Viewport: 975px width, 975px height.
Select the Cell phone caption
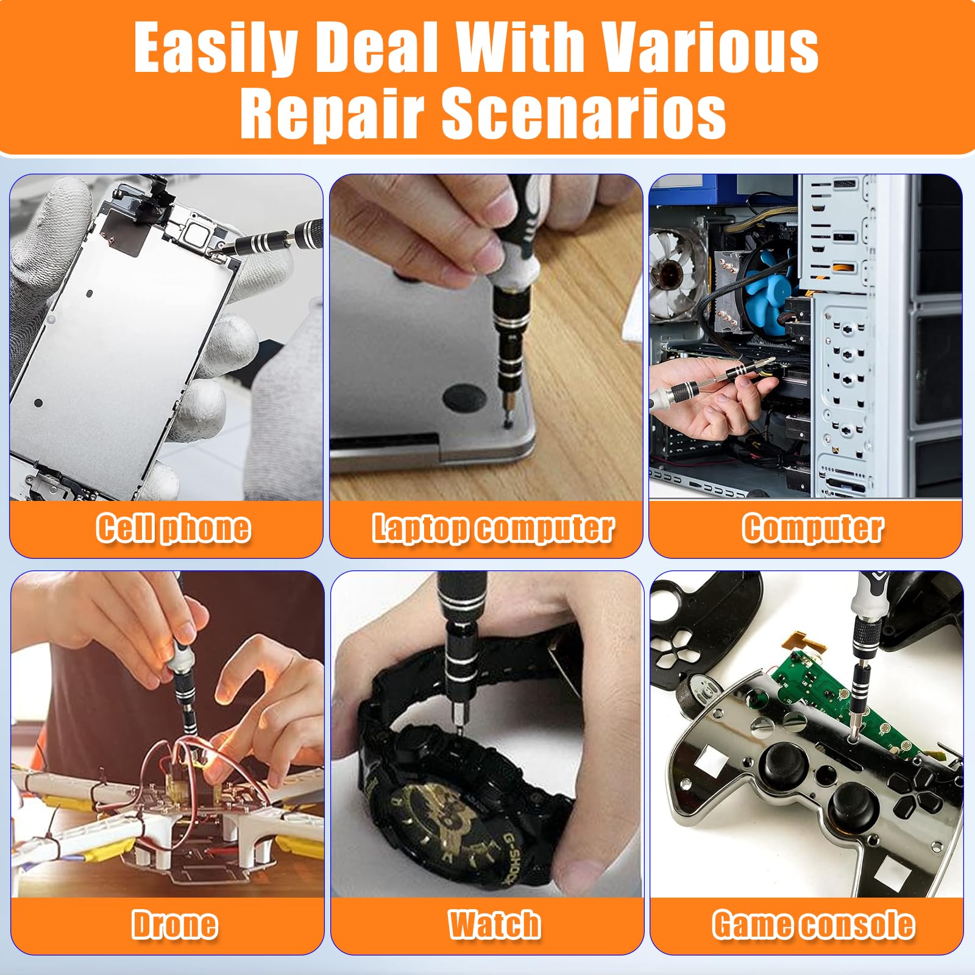tap(173, 528)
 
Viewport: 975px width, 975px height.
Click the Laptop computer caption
tap(493, 528)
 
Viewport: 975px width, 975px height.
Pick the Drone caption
tap(175, 924)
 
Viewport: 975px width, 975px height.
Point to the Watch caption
tap(494, 924)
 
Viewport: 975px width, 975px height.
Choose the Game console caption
tap(814, 924)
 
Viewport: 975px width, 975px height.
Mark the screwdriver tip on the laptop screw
tap(505, 417)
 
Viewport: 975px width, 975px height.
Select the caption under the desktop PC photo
tap(812, 528)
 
